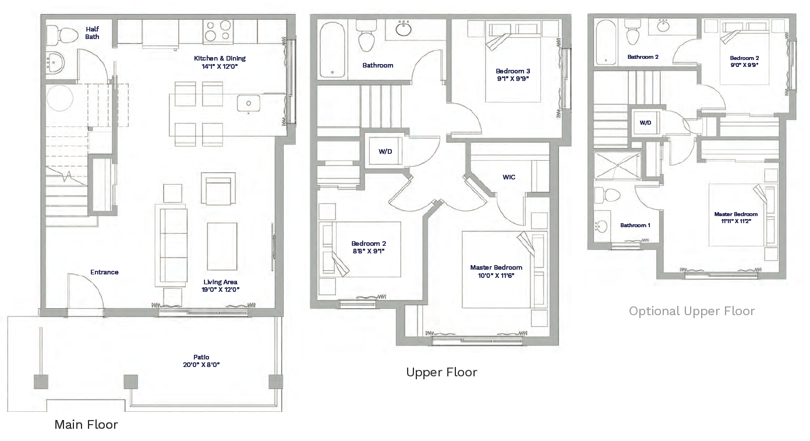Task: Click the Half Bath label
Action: (x=92, y=33)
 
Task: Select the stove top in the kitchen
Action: (x=218, y=31)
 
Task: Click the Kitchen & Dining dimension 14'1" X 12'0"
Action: (x=220, y=66)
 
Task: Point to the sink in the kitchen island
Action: (x=249, y=104)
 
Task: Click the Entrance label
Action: (x=104, y=272)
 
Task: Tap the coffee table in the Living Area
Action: (x=222, y=246)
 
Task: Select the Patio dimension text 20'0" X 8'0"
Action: (x=201, y=365)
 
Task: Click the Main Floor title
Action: (x=86, y=424)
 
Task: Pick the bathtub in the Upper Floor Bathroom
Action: (x=332, y=50)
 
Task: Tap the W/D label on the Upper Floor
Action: (x=385, y=151)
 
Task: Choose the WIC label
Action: (x=509, y=177)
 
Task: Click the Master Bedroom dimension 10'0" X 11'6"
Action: (x=496, y=276)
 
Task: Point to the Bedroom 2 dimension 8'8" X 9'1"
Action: (x=369, y=251)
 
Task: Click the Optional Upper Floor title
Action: (x=691, y=311)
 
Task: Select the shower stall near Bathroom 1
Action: (x=617, y=165)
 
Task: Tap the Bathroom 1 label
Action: (x=635, y=225)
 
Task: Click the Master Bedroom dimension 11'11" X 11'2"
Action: (x=736, y=221)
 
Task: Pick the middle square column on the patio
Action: (x=130, y=382)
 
